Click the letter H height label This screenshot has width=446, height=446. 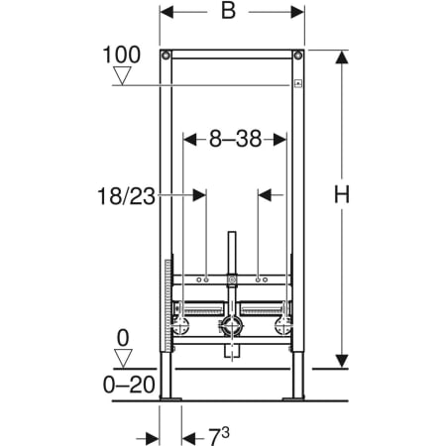(340, 196)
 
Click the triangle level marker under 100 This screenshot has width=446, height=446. (123, 75)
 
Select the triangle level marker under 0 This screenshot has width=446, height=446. (123, 358)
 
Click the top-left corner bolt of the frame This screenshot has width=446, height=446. (167, 54)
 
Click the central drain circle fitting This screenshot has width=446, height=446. (232, 325)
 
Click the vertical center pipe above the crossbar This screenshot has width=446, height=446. (231, 253)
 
